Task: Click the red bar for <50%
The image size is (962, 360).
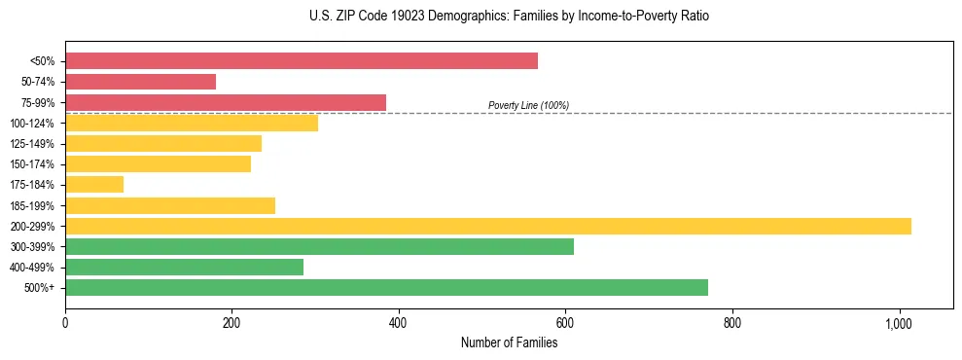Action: pyautogui.click(x=302, y=61)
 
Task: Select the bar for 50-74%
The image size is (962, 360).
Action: pyautogui.click(x=140, y=82)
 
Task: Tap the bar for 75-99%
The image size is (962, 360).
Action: pyautogui.click(x=226, y=102)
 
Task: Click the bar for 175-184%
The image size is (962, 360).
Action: pyautogui.click(x=94, y=184)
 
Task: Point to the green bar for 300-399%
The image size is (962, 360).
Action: pyautogui.click(x=319, y=246)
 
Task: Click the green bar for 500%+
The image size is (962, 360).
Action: pyautogui.click(x=386, y=287)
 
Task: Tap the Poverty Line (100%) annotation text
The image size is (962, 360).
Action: pyautogui.click(x=528, y=105)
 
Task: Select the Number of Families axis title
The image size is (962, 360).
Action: pyautogui.click(x=509, y=342)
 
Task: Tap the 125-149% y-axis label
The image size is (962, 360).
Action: pyautogui.click(x=32, y=144)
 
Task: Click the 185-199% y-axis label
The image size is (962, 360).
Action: pyautogui.click(x=32, y=205)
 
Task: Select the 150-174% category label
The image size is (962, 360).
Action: pyautogui.click(x=32, y=164)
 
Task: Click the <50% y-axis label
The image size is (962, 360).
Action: pyautogui.click(x=42, y=61)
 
